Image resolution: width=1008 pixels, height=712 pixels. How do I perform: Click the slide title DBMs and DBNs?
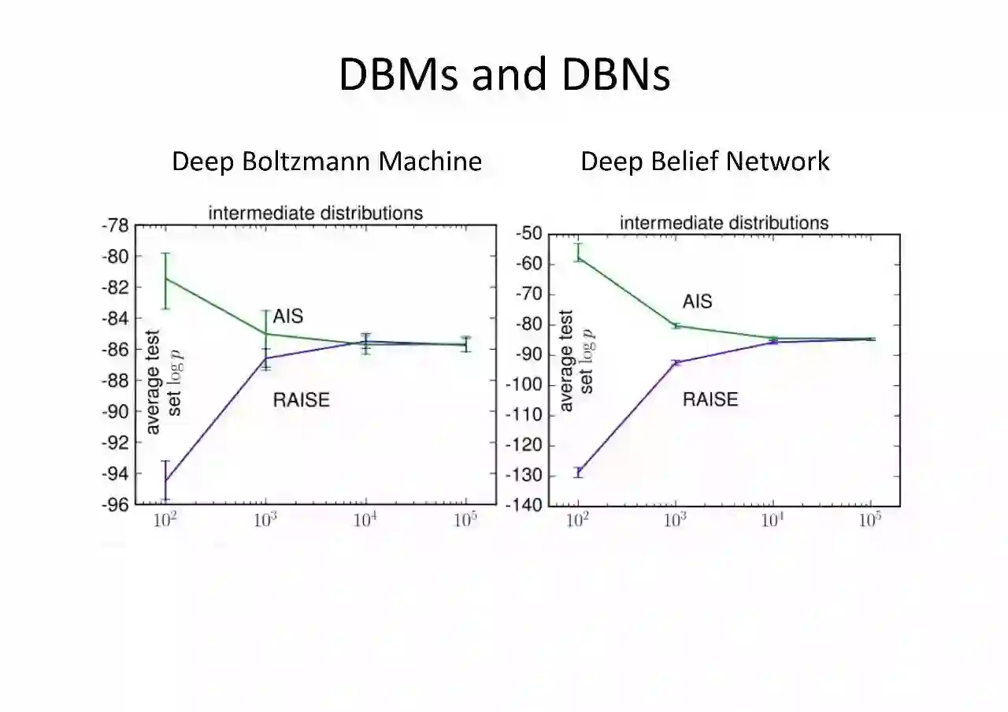pyautogui.click(x=504, y=75)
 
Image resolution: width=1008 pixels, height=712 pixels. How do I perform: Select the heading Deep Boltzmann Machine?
pyautogui.click(x=327, y=161)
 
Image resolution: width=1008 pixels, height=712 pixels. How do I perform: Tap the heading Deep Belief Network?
pyautogui.click(x=705, y=161)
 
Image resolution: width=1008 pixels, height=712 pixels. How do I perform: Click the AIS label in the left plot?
pyautogui.click(x=287, y=316)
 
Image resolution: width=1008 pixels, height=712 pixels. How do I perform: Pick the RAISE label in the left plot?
pyautogui.click(x=301, y=399)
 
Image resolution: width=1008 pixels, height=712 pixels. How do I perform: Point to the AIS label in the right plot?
pyautogui.click(x=697, y=302)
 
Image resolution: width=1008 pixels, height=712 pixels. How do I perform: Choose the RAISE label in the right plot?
pyautogui.click(x=710, y=399)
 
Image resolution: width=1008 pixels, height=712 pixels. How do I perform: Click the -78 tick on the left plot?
pyautogui.click(x=114, y=226)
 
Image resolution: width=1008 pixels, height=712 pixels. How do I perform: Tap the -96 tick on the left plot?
pyautogui.click(x=114, y=504)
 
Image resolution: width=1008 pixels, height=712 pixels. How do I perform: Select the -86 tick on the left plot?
pyautogui.click(x=114, y=349)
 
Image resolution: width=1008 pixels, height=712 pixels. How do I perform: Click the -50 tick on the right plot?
pyautogui.click(x=528, y=234)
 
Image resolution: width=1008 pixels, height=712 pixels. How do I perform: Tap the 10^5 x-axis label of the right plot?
pyautogui.click(x=869, y=521)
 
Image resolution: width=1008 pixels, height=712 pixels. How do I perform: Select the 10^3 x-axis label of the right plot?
pyautogui.click(x=676, y=521)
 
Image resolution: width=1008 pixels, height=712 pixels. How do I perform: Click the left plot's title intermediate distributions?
pyautogui.click(x=315, y=213)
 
